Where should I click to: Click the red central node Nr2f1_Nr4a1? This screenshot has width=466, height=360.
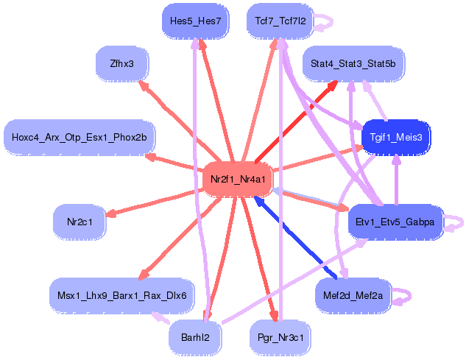[x=237, y=180]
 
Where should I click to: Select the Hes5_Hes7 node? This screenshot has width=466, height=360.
[x=195, y=21]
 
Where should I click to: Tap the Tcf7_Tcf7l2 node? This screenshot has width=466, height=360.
[x=280, y=21]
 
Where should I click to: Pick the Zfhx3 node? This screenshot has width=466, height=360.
[x=121, y=63]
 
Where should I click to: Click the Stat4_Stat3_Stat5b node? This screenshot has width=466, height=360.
[x=353, y=64]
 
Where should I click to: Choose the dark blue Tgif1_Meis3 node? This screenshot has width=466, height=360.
[x=396, y=137]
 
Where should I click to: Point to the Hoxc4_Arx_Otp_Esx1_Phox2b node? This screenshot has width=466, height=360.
[x=80, y=137]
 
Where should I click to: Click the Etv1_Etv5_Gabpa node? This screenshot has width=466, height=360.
[x=395, y=222]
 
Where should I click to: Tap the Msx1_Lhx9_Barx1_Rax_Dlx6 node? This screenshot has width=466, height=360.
[x=121, y=295]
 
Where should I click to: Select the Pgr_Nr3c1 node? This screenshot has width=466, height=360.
[x=280, y=337]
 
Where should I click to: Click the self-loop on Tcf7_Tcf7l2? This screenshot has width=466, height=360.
[x=328, y=21]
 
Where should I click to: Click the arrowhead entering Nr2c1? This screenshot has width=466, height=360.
[x=111, y=214]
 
